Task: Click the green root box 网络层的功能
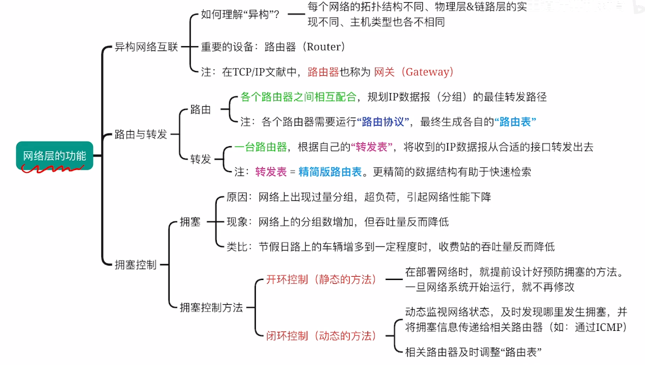pos(54,156)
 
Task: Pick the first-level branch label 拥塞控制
pos(136,265)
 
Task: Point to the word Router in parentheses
pos(325,47)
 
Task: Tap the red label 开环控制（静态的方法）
pos(321,279)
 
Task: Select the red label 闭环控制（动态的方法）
pos(321,336)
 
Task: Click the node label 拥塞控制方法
pos(211,308)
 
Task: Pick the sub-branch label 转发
pos(201,159)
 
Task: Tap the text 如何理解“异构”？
pos(240,15)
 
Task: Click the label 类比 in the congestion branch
pos(237,246)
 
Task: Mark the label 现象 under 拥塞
pos(237,221)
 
